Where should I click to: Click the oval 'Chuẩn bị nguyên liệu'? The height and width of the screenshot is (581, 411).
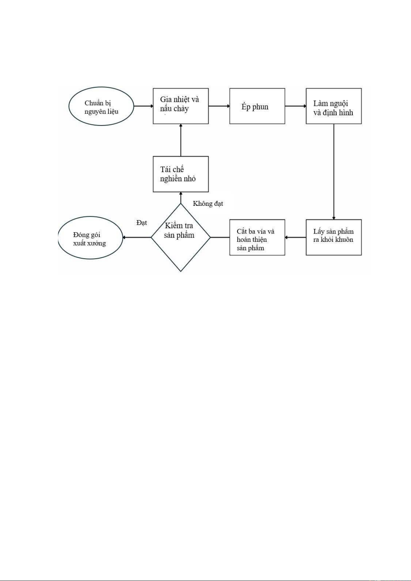[x=101, y=107]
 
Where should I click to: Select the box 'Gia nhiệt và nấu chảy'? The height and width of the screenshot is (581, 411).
[x=181, y=106]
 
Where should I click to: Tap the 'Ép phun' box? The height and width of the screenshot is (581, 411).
[x=257, y=106]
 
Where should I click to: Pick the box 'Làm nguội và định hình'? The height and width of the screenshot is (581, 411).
[x=333, y=106]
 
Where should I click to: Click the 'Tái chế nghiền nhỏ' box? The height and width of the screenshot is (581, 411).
[x=181, y=174]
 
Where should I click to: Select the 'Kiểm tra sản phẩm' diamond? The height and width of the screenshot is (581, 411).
[x=181, y=237]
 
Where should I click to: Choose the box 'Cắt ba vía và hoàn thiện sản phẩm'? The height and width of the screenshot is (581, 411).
[x=257, y=237]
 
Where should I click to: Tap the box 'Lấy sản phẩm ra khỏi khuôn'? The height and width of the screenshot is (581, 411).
[x=333, y=237]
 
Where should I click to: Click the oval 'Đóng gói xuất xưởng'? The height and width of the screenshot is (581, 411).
[x=90, y=238]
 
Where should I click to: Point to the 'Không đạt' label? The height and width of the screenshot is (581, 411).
[x=208, y=204]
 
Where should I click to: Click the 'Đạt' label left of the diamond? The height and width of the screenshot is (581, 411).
[x=142, y=223]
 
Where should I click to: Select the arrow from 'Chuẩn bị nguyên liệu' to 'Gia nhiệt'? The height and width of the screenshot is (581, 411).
[x=143, y=106]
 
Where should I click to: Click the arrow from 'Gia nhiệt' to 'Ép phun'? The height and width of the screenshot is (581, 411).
[x=219, y=106]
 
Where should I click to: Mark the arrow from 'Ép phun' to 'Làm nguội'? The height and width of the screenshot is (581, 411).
[x=295, y=106]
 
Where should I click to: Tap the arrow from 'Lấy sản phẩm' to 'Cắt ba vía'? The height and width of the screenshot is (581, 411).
[x=295, y=237]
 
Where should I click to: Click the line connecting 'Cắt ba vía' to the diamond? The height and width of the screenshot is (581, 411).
[x=220, y=237]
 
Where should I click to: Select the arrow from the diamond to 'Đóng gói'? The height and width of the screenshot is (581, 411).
[x=137, y=237]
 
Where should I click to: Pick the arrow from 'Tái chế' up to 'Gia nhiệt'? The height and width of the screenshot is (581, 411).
[x=181, y=140]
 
